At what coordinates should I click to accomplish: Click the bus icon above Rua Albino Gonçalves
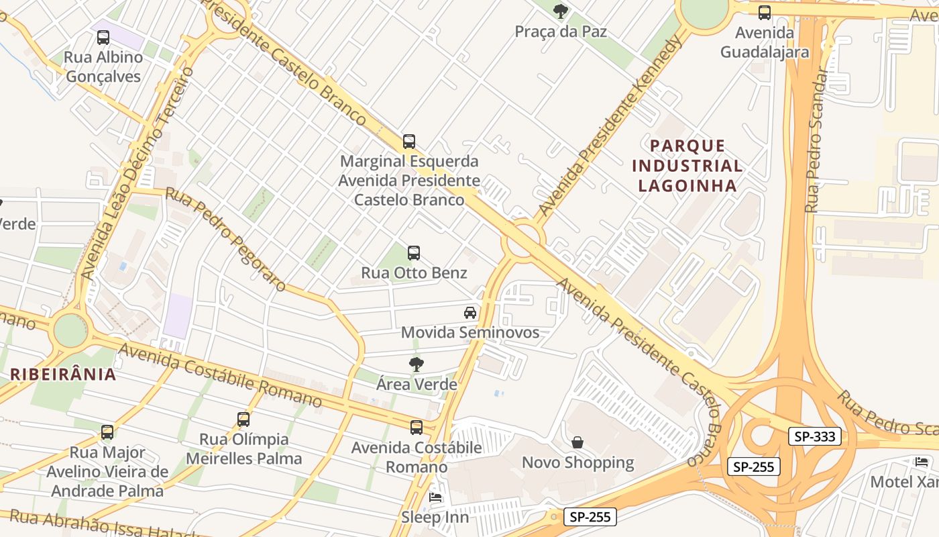pyautogui.click(x=103, y=38)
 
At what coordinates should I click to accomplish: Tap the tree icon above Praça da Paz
pyautogui.click(x=560, y=11)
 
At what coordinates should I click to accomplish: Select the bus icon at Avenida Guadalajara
pyautogui.click(x=764, y=12)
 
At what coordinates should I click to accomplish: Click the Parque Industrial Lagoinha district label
pyautogui.click(x=687, y=166)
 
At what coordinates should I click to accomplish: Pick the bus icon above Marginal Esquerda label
pyautogui.click(x=409, y=142)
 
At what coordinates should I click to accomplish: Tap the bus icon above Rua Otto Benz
pyautogui.click(x=414, y=253)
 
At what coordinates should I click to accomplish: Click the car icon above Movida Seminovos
pyautogui.click(x=470, y=312)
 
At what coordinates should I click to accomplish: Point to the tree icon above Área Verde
pyautogui.click(x=417, y=364)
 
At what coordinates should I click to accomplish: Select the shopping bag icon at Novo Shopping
pyautogui.click(x=577, y=442)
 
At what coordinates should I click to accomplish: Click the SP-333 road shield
pyautogui.click(x=814, y=436)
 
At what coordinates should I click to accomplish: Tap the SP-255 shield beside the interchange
pyautogui.click(x=754, y=467)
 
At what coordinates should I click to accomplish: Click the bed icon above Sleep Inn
pyautogui.click(x=435, y=497)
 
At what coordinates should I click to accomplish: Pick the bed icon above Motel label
pyautogui.click(x=922, y=462)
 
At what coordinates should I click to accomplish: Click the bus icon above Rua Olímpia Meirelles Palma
pyautogui.click(x=243, y=420)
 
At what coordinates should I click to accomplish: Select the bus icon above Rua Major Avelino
pyautogui.click(x=107, y=432)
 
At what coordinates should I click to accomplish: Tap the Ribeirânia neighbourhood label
pyautogui.click(x=64, y=375)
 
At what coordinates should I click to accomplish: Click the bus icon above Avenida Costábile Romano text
pyautogui.click(x=417, y=428)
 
